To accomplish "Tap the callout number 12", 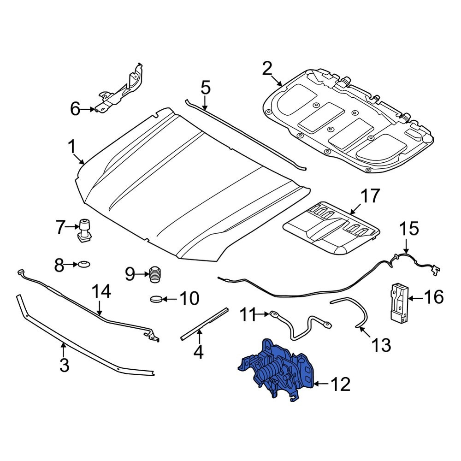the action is coord(341,384).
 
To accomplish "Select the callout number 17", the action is coord(370,196).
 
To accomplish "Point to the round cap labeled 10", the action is coord(156,299).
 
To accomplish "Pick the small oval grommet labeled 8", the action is coord(84,264).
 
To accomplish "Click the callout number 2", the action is coord(267,69).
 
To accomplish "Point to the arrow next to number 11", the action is coord(261,314).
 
